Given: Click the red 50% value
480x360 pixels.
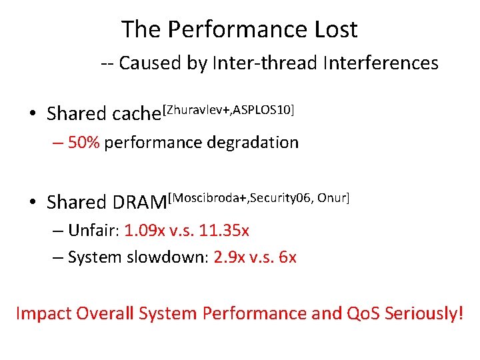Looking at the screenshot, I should (83, 143).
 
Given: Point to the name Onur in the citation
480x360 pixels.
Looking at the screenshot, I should (331, 197).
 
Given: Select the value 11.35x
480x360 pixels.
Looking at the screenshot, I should (228, 231).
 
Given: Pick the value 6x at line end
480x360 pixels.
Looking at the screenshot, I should (287, 257).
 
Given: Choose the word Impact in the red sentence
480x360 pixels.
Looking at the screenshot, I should (44, 313).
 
